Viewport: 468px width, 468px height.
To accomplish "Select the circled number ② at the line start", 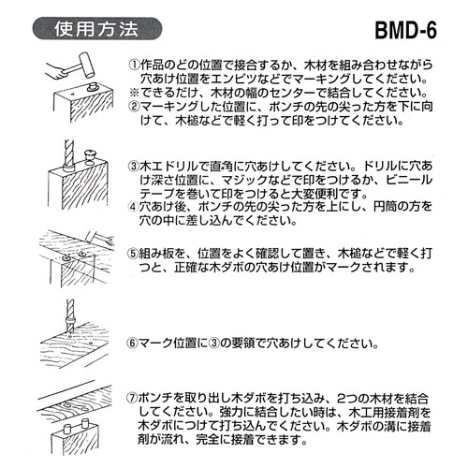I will click(x=134, y=108).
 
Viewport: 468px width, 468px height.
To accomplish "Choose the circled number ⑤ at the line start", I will click(x=134, y=253).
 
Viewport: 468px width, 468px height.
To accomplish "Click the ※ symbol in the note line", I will click(x=134, y=95).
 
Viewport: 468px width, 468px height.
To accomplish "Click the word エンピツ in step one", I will click(x=253, y=80).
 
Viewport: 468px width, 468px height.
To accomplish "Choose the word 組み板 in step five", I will click(x=165, y=253).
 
